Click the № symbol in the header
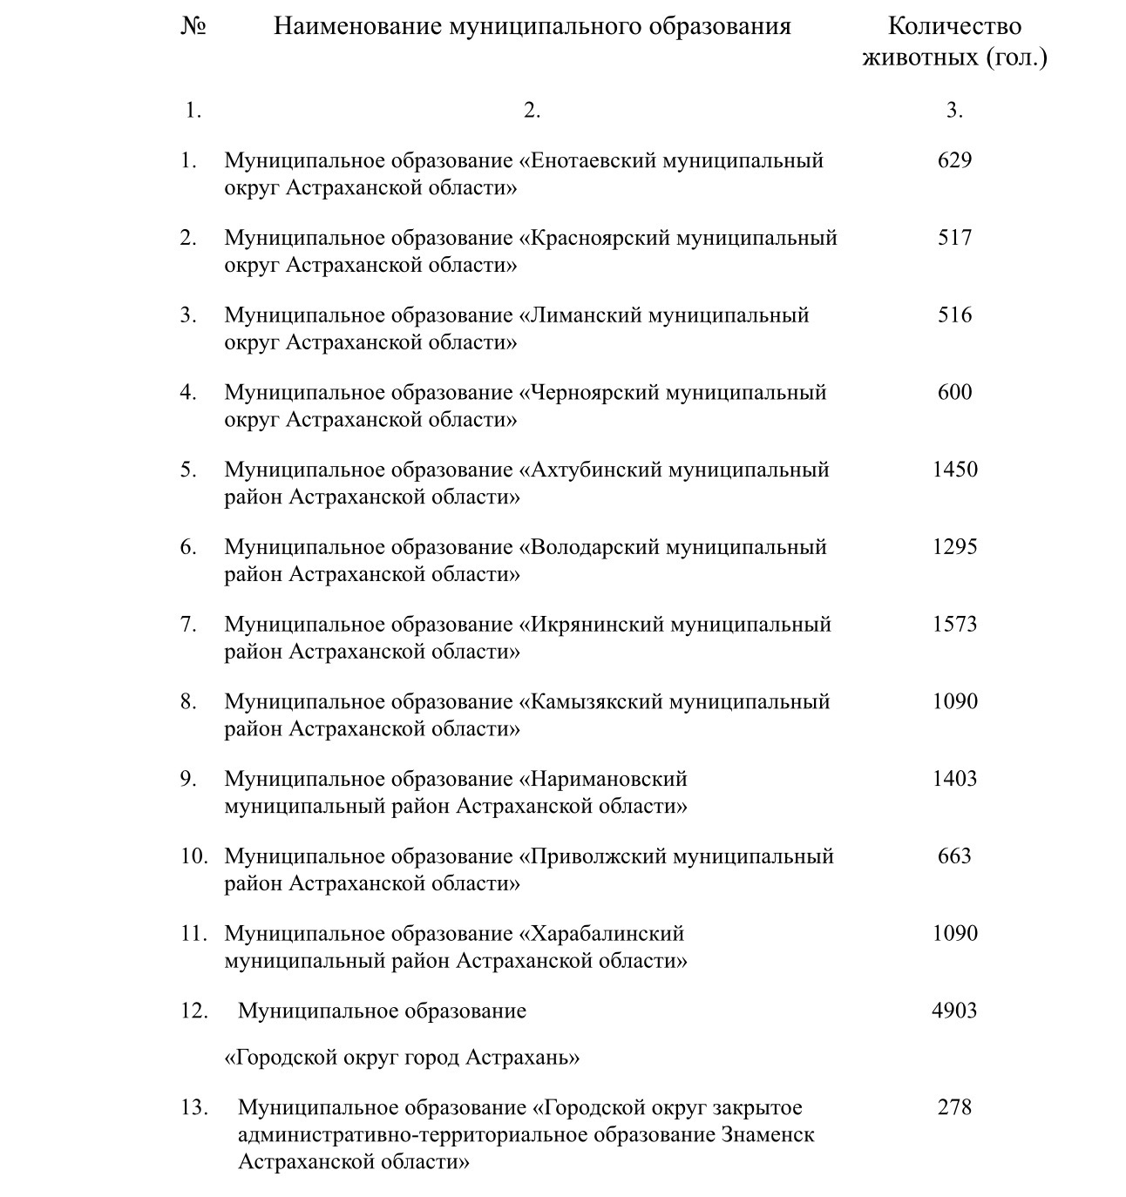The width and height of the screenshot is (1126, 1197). pos(193,26)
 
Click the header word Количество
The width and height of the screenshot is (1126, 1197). pos(954,26)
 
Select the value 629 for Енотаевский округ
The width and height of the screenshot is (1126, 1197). pos(954,160)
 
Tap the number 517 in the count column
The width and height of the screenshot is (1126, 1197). pos(954,238)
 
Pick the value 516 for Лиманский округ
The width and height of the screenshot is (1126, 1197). pos(954,314)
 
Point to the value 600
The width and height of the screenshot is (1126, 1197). pos(954,392)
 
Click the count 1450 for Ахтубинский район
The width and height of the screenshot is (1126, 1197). pos(954,470)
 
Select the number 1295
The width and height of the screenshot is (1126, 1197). pos(954,547)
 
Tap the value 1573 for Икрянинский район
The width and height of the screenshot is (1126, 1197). pos(954,625)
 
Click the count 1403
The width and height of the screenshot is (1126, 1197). pos(954,779)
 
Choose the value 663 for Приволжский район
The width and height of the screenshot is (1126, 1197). pos(954,856)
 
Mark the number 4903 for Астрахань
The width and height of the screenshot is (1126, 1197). pos(954,1011)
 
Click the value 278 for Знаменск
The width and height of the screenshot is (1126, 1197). pos(954,1107)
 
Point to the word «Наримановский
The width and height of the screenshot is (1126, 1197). pos(603,779)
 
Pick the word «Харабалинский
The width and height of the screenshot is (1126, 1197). pos(601,934)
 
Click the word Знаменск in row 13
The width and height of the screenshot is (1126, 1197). pos(768,1135)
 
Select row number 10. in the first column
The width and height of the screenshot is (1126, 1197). pos(193,856)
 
